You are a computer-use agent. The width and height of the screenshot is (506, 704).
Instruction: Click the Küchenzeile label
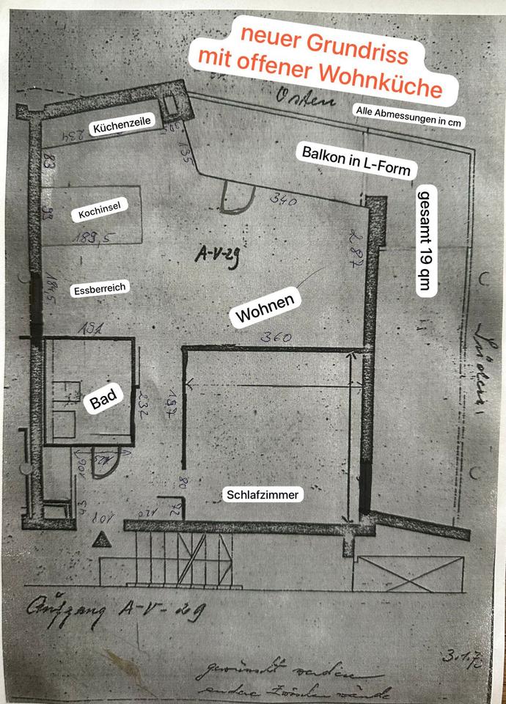coord(121,127)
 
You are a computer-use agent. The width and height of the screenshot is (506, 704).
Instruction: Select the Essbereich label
coord(100,289)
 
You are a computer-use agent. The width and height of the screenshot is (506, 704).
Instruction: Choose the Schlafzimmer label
coord(263,496)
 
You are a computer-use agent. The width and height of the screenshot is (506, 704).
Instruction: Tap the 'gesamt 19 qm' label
coord(425,241)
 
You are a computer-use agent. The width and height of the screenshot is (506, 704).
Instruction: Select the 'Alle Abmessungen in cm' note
coord(408,117)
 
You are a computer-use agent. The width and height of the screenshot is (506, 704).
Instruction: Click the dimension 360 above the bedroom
coord(277,337)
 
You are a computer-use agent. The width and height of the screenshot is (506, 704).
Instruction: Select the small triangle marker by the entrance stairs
coord(101,540)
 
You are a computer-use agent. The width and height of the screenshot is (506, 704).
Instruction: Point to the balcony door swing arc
coord(237,197)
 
